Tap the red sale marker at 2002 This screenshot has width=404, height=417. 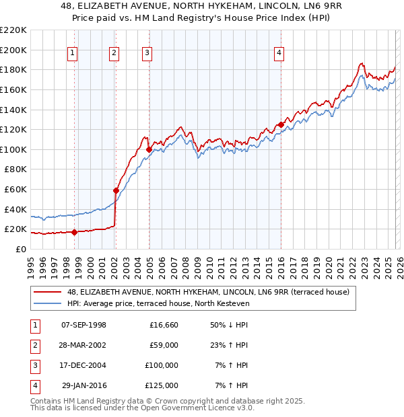[x=116, y=190]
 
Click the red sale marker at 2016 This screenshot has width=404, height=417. [x=280, y=124]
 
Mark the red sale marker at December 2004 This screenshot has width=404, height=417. [x=148, y=149]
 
